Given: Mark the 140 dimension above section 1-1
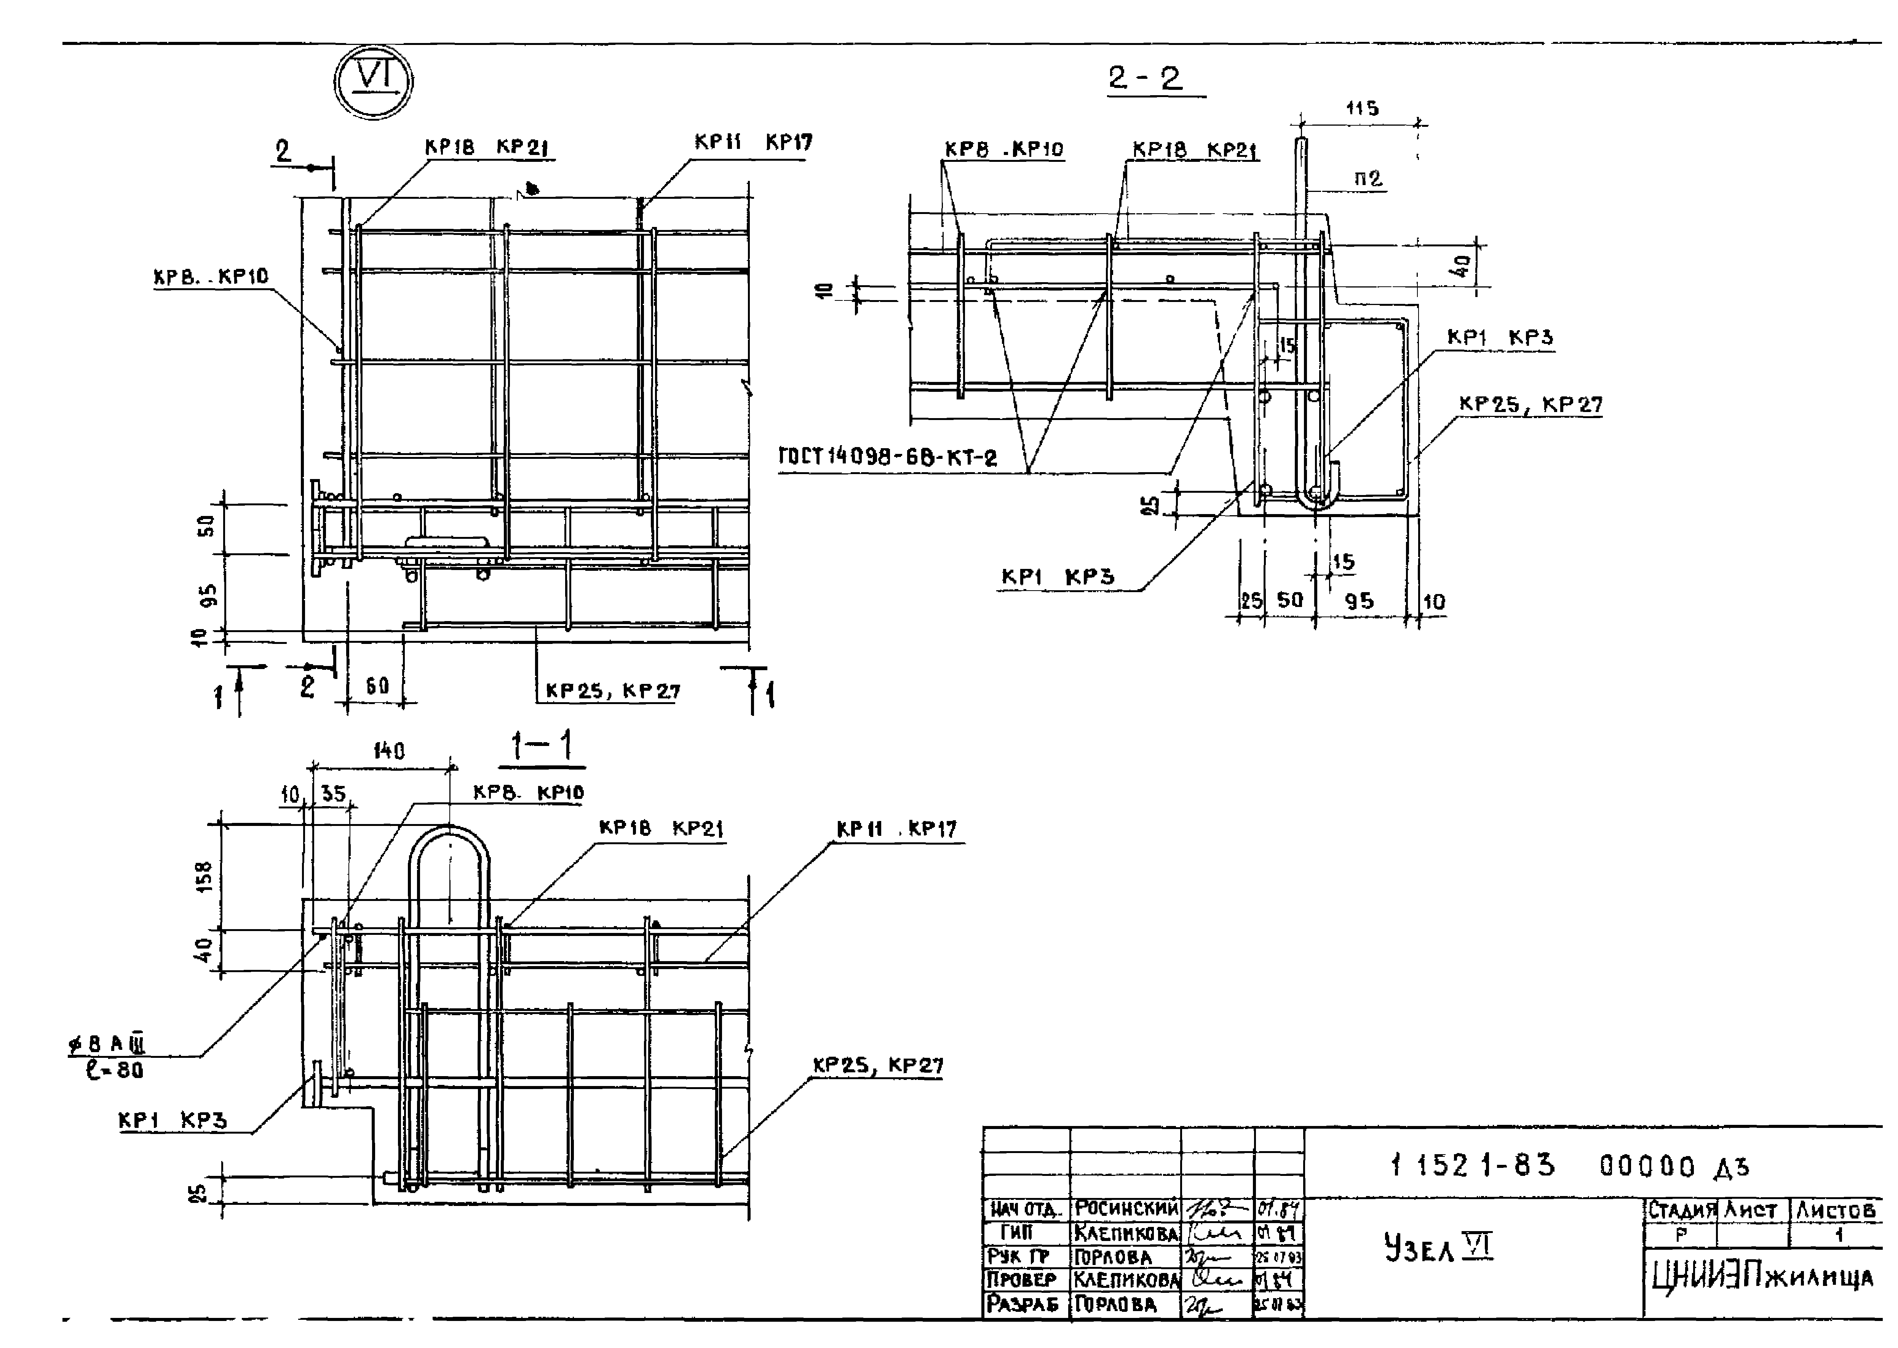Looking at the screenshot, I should (388, 751).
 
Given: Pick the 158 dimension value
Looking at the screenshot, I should (204, 877).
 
